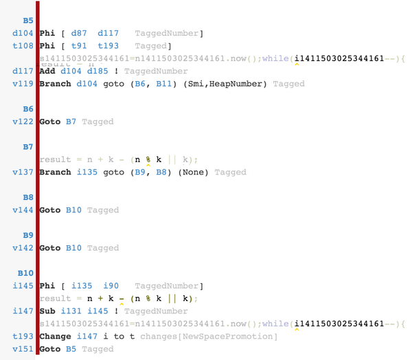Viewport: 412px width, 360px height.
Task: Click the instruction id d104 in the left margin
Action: coord(23,33)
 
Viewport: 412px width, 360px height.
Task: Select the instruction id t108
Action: coord(23,45)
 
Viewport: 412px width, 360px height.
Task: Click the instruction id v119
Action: coord(23,83)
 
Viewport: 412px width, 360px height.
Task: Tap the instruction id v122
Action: coord(23,122)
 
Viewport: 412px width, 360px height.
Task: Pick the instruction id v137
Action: coord(23,172)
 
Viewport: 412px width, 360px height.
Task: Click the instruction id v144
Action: coord(23,210)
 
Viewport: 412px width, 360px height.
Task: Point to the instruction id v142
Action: coord(23,248)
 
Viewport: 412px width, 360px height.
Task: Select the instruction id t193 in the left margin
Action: coord(23,337)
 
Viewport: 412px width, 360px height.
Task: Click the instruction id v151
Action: coord(23,349)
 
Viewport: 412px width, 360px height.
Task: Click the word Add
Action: coord(47,71)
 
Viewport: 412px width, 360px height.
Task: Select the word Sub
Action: coord(47,311)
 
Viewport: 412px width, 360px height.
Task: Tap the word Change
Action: coord(55,337)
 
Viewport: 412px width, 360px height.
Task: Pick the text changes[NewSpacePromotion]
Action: coord(209,337)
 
